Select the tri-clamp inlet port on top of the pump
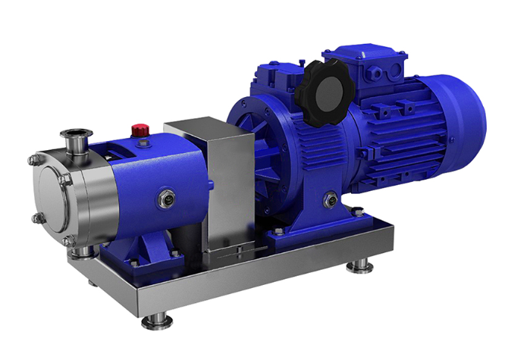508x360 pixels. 79,139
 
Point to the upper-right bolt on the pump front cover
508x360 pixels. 67,179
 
